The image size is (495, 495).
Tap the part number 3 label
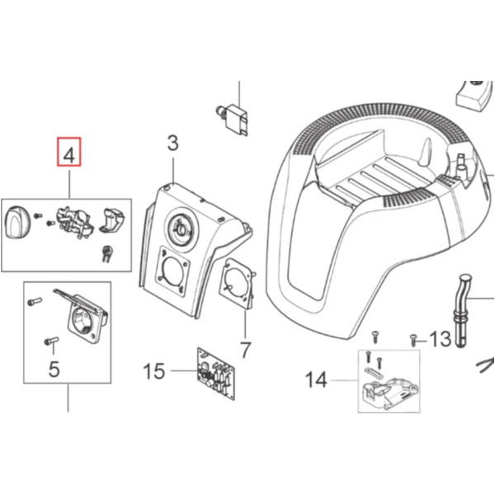tap(172, 143)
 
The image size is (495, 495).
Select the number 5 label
tap(54, 369)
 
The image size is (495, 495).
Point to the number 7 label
tap(245, 350)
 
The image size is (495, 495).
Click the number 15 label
tap(154, 371)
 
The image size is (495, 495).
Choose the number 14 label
tap(316, 379)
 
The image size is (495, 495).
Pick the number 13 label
tap(441, 339)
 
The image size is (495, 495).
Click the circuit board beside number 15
tap(216, 374)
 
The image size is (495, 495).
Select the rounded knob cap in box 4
tap(16, 222)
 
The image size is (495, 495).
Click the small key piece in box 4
tap(107, 253)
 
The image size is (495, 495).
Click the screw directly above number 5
tap(51, 341)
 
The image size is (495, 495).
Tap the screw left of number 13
tap(413, 341)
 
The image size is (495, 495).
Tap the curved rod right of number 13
tap(463, 311)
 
